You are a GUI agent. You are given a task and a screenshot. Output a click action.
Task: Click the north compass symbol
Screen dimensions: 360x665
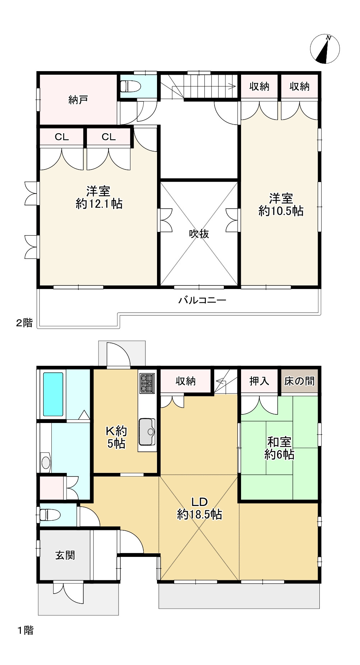point(325,49)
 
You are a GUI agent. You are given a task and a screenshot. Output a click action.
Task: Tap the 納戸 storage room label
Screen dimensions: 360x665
point(78,100)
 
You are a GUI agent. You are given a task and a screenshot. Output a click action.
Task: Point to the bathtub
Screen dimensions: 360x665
point(53,394)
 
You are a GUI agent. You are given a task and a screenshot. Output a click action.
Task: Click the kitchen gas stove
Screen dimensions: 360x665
point(147,383)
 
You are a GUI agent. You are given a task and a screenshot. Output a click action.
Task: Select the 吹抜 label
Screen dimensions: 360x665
point(199,234)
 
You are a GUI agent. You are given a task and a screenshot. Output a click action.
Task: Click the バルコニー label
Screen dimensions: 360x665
point(202,300)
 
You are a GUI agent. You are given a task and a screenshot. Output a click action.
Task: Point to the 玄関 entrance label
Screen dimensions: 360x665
point(65,555)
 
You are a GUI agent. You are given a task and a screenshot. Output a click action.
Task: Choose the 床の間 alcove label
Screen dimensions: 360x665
point(299,381)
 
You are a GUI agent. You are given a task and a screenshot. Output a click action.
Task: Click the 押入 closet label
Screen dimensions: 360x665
point(259,381)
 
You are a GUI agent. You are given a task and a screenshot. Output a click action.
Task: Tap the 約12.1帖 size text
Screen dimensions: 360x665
point(99,204)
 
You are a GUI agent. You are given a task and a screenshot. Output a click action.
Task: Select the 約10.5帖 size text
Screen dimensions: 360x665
point(281,211)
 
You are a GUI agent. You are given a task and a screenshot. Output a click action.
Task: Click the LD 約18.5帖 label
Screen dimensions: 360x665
point(199,508)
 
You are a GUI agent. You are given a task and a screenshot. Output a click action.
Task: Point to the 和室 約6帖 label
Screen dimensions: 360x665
point(280,448)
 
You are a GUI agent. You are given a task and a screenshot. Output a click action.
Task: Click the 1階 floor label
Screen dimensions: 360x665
point(26,630)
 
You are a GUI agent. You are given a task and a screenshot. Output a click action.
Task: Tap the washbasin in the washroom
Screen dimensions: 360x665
point(46,462)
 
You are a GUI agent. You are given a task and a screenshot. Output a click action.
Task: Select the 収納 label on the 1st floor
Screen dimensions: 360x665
point(185,381)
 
